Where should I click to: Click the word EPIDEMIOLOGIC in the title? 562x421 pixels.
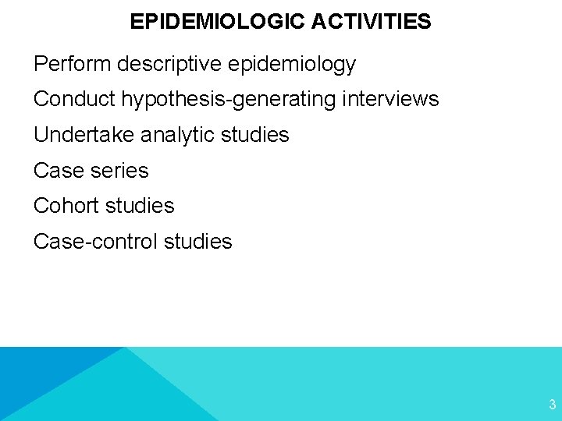coord(217,22)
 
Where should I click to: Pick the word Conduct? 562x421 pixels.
coord(73,99)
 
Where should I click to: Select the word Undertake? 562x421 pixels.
coord(84,135)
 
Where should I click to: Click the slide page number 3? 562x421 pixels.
coord(552,405)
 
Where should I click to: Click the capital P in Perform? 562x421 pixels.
coord(40,64)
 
